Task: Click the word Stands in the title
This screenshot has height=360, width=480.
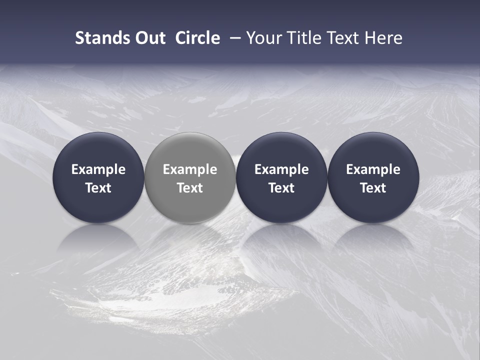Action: [x=99, y=38]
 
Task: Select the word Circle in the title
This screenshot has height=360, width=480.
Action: [x=197, y=38]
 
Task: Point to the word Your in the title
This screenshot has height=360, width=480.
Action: [x=263, y=38]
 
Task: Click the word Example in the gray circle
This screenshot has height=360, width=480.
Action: [x=190, y=169]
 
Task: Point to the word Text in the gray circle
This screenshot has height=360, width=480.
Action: [x=190, y=188]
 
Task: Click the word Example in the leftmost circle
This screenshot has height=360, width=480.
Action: [x=98, y=169]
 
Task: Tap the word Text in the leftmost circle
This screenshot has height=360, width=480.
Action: [x=98, y=188]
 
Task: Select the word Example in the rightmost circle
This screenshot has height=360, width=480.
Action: [x=373, y=169]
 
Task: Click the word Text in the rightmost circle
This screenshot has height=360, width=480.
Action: [x=373, y=188]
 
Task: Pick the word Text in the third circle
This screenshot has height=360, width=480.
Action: [x=281, y=188]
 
